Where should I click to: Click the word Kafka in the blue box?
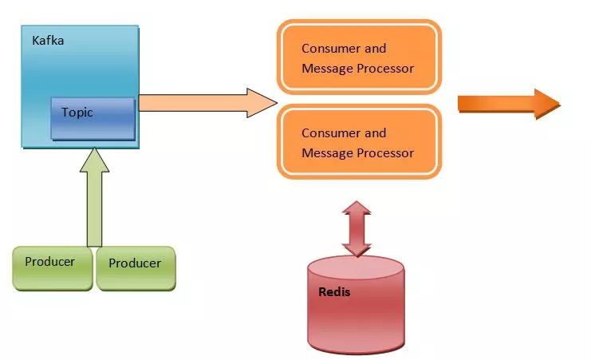pos(48,40)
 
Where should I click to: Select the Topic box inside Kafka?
pos(93,118)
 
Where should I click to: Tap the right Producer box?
pos(136,268)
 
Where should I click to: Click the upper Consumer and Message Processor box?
pos(358,57)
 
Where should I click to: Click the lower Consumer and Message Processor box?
pos(358,142)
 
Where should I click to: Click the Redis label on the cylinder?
pos(334,291)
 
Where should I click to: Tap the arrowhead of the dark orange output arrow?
pos(548,104)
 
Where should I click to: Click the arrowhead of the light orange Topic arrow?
pos(261,103)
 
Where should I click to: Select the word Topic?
pos(77,113)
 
